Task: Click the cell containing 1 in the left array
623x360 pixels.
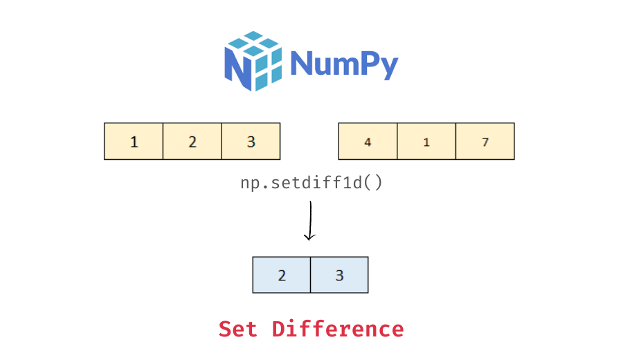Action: click(x=134, y=141)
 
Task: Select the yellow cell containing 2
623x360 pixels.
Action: click(x=192, y=141)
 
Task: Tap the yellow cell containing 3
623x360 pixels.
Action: click(x=251, y=141)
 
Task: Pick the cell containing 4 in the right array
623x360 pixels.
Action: click(x=368, y=141)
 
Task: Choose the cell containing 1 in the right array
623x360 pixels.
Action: click(x=426, y=141)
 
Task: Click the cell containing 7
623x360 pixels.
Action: click(x=485, y=141)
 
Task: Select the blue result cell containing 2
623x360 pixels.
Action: click(x=282, y=275)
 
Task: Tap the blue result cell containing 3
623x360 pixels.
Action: click(x=339, y=275)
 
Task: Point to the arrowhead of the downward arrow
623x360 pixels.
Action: click(x=309, y=237)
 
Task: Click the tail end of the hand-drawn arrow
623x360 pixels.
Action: click(x=311, y=203)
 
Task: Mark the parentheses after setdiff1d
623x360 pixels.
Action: click(x=373, y=183)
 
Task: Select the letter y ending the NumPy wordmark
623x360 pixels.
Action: click(x=388, y=67)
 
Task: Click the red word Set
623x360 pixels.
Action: click(x=239, y=329)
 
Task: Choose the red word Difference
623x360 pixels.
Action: click(x=337, y=329)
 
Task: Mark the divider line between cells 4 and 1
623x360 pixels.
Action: click(x=397, y=141)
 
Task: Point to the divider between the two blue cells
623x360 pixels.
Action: click(x=310, y=275)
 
